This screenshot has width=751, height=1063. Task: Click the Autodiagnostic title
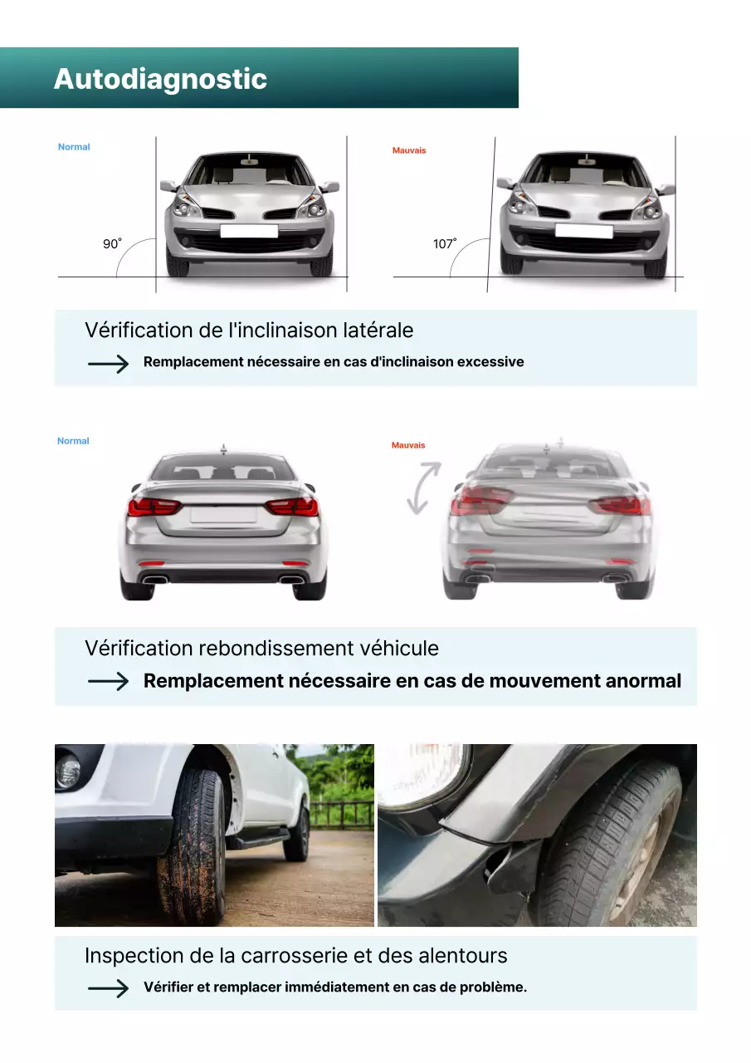coord(160,79)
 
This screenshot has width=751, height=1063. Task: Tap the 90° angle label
coord(112,244)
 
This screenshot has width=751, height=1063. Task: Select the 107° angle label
coord(445,244)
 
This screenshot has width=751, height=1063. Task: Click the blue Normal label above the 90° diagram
coord(74,147)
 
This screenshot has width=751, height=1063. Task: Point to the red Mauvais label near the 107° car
coord(408,150)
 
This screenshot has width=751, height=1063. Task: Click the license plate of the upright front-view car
coord(248,231)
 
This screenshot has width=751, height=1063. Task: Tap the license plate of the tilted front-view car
coord(583,231)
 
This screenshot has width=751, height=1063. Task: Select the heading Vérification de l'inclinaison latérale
coord(249,330)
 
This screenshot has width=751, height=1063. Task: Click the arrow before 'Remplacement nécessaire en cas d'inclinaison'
coord(109,363)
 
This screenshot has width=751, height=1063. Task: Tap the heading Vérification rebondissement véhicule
coord(261,648)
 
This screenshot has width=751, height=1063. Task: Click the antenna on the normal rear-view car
coord(222,448)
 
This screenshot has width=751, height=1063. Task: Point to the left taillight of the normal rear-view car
coord(154,506)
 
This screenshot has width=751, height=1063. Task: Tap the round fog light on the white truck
coord(67,772)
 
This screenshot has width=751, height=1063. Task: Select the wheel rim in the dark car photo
coord(635,872)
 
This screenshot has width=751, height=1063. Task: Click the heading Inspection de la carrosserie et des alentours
coord(295,955)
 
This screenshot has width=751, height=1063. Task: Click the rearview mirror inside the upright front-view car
coord(249,160)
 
